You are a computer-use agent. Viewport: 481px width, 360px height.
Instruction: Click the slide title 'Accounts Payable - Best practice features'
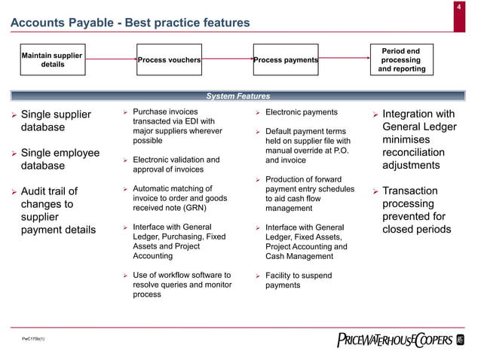click(x=130, y=23)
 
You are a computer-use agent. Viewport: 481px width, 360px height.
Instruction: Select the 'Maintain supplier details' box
click(x=52, y=59)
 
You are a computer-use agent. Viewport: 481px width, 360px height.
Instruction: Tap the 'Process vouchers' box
click(x=169, y=60)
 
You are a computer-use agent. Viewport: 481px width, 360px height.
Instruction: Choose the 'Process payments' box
click(x=286, y=60)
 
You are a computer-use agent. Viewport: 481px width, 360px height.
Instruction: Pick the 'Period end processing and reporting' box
click(x=401, y=60)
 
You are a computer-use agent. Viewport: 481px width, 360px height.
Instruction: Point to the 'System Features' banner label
click(x=238, y=96)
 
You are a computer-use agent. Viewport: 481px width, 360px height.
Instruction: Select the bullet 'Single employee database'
click(x=60, y=159)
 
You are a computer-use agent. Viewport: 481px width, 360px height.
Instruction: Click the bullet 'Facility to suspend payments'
click(x=299, y=280)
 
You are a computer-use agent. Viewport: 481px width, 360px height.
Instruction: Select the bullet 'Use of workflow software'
click(x=182, y=285)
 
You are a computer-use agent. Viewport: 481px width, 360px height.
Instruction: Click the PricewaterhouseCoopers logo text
click(x=394, y=340)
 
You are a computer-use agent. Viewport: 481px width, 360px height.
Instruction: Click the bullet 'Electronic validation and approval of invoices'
click(x=176, y=164)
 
